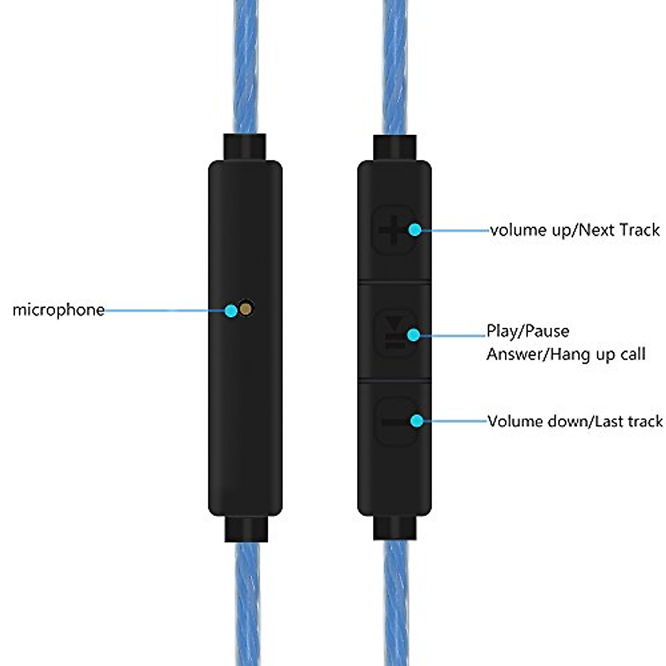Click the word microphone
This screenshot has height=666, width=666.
click(x=58, y=310)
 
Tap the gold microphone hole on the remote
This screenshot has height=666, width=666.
click(x=246, y=307)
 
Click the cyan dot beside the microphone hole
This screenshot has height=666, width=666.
click(x=231, y=310)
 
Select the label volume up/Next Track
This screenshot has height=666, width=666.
click(x=575, y=230)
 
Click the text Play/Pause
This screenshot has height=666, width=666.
click(x=528, y=331)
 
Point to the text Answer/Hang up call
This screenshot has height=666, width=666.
click(x=566, y=354)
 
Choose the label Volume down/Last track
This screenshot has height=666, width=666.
click(x=575, y=421)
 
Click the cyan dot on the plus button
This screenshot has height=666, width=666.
click(x=415, y=229)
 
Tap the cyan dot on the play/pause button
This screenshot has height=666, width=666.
click(x=413, y=335)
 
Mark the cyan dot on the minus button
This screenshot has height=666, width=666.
click(x=416, y=421)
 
